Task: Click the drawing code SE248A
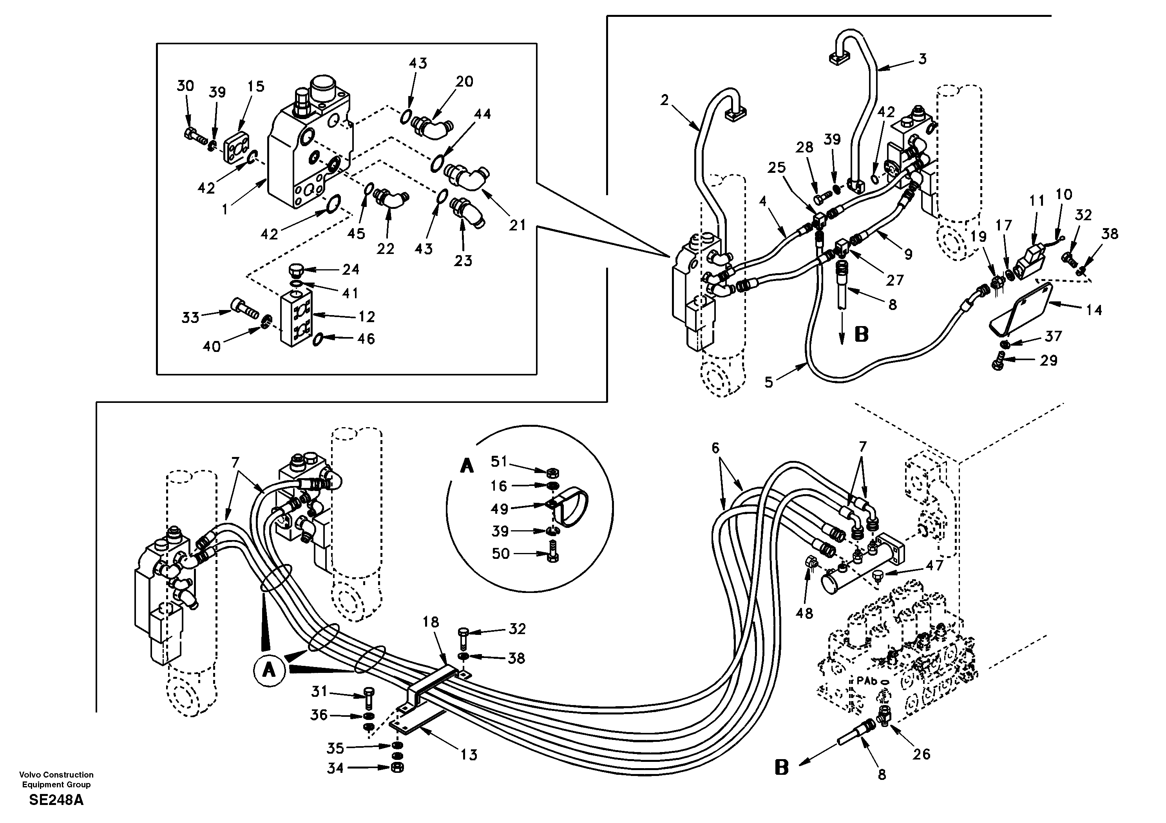click(x=56, y=800)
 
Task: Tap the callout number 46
click(x=366, y=339)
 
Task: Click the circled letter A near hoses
click(x=269, y=670)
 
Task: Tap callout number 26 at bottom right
click(x=921, y=754)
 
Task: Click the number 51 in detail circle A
click(x=499, y=461)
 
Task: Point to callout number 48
click(x=804, y=613)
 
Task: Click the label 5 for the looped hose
click(x=769, y=382)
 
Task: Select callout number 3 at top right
click(x=922, y=59)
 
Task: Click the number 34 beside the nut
click(x=335, y=768)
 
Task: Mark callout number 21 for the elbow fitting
click(x=518, y=225)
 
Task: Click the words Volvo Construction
click(x=56, y=775)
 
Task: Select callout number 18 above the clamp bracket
click(x=431, y=622)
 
